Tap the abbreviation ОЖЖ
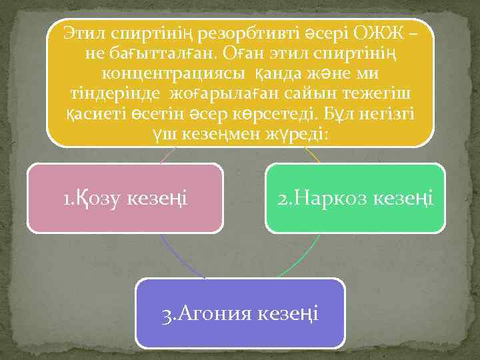click(x=371, y=33)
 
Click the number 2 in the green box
click(x=282, y=197)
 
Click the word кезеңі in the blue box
click(x=289, y=313)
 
